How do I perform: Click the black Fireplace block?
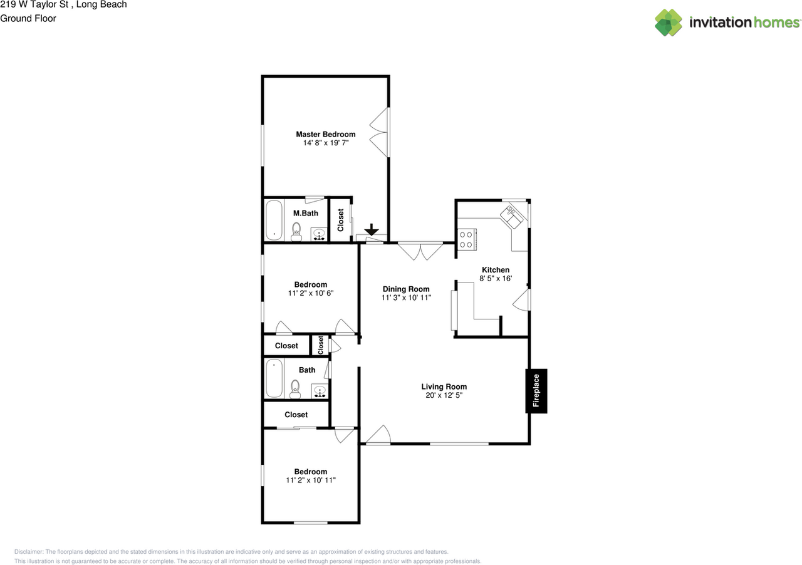click(x=536, y=391)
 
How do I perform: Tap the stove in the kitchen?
click(x=467, y=240)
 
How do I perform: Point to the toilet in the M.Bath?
click(x=297, y=231)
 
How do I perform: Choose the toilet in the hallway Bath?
click(x=296, y=388)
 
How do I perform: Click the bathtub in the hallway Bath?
click(x=274, y=378)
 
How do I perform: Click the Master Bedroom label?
click(x=325, y=134)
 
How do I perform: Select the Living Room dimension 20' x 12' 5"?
click(x=444, y=395)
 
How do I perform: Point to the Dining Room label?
click(x=406, y=289)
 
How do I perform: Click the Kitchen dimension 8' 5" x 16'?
click(x=495, y=278)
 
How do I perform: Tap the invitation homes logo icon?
click(x=669, y=23)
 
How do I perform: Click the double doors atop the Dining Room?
click(x=420, y=251)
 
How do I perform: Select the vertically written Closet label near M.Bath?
click(x=341, y=220)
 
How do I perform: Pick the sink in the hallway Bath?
click(x=320, y=391)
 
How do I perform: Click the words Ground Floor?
click(x=28, y=18)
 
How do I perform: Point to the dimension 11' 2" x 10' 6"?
click(x=311, y=293)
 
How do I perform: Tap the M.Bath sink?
click(x=319, y=234)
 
